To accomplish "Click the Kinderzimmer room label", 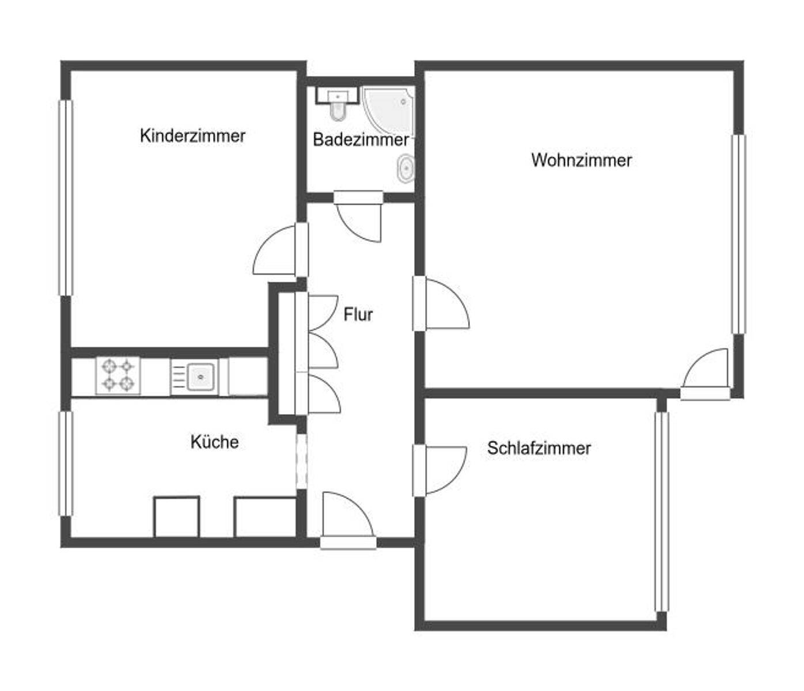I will click(192, 136).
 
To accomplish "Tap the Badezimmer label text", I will click(361, 139).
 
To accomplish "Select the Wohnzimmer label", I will click(581, 160).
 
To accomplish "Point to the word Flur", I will click(358, 314).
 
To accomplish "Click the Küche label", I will click(214, 442).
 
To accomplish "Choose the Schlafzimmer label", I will click(538, 448).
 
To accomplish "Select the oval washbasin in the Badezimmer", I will click(405, 169).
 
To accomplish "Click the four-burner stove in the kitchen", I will click(118, 375).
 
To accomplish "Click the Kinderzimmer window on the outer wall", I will click(66, 198).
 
